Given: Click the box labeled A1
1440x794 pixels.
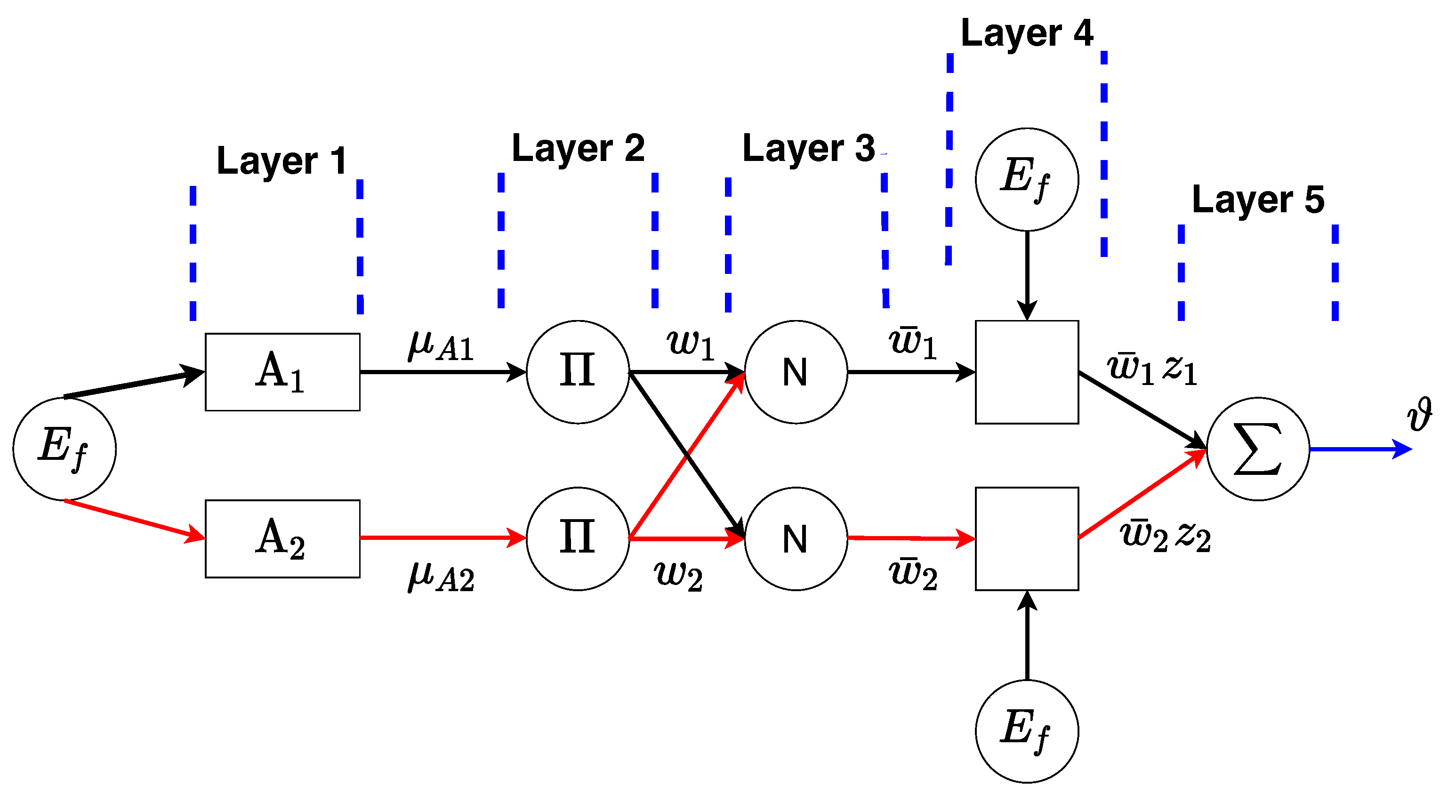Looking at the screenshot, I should coord(282,372).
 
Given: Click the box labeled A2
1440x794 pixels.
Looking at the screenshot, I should coord(282,538).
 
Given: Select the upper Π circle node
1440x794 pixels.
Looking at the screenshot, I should coord(578,372).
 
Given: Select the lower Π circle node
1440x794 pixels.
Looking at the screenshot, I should coord(578,538).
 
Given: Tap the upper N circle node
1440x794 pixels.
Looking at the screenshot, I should coord(796,372).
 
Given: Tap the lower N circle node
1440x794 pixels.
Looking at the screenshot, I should coord(796,538).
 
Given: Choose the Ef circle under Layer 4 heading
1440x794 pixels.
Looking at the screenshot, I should coord(1027,179).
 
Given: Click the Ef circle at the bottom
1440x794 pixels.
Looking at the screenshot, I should coord(1027,731).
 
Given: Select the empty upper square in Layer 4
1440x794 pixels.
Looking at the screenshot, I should coord(1027,372).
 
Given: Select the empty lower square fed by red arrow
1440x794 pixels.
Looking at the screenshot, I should coord(1027,538).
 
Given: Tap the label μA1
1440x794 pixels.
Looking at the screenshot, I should coord(441,346).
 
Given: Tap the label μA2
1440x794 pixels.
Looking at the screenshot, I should coord(441,577).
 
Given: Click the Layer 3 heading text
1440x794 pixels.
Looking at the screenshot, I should coord(808,149).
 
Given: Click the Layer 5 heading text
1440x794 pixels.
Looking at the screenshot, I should coord(1258,200).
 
